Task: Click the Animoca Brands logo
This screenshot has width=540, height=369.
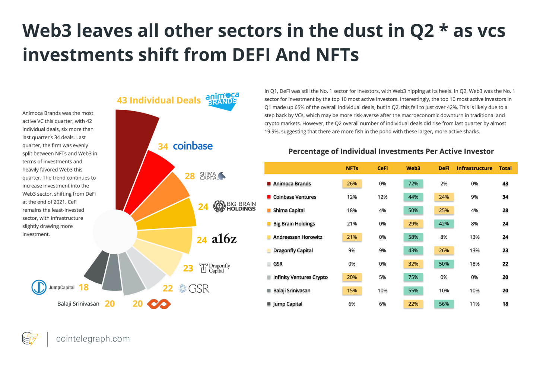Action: point(222,101)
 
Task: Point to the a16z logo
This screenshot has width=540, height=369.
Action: point(224,239)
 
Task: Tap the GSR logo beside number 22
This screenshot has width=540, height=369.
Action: point(194,289)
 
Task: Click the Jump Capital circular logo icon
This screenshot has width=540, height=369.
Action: point(39,287)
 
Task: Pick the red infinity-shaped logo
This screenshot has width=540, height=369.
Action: point(159,304)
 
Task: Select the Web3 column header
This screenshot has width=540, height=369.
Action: point(413,168)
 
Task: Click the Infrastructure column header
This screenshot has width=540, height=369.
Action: point(474,168)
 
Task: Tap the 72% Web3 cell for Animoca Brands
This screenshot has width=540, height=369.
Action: point(413,183)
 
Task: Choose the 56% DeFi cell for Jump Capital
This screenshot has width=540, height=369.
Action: point(444,304)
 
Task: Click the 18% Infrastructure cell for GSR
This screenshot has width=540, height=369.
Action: point(474,264)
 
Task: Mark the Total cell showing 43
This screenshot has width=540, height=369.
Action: point(505,183)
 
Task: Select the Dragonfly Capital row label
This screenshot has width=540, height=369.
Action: point(293,250)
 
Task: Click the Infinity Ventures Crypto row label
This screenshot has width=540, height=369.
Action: point(300,277)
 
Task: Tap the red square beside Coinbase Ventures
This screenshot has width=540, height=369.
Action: point(269,197)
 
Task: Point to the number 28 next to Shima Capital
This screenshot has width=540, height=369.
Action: point(190,176)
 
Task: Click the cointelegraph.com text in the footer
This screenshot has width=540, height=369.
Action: point(93,339)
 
